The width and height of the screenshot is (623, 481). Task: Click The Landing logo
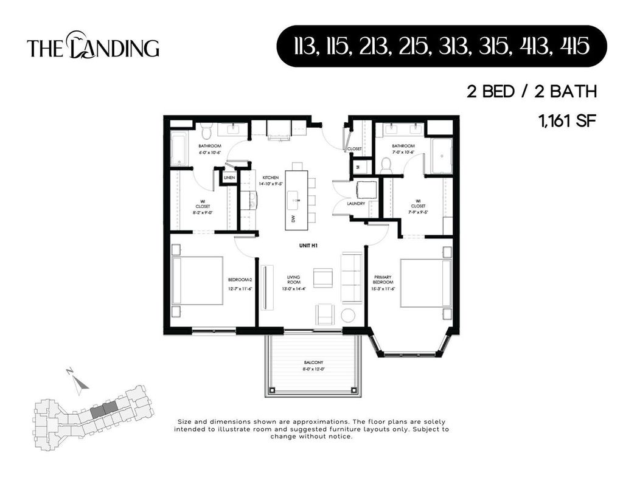93,46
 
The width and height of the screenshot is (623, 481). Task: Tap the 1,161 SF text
566,120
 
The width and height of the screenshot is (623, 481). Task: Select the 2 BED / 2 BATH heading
531,92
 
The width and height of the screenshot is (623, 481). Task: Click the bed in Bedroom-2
197,280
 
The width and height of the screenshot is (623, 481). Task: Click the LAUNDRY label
356,204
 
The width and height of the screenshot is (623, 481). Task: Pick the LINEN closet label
229,178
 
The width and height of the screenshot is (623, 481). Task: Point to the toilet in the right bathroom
385,164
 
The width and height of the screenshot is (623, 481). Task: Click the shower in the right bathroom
442,156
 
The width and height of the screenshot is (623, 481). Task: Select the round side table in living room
349,316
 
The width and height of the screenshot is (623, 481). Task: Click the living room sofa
351,278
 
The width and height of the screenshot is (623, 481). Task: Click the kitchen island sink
295,198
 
